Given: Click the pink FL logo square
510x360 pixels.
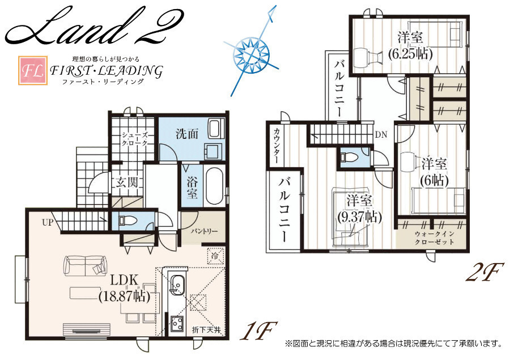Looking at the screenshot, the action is [32, 71].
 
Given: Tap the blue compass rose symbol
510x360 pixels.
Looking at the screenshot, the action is [251, 52].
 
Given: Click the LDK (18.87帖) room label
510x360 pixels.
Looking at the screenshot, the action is [124, 288].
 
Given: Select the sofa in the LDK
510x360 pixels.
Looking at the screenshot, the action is [86, 265].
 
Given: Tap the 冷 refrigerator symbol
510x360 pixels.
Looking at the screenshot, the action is [215, 256].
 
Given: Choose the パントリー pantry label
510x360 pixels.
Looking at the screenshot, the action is [204, 231].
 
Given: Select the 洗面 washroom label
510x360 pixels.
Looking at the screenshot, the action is [187, 133].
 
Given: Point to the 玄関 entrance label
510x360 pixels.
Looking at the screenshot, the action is [126, 183].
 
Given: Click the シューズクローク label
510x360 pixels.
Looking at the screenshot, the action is [134, 139].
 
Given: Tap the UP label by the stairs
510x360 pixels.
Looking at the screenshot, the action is [48, 223].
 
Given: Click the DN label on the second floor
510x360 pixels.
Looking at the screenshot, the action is [381, 134].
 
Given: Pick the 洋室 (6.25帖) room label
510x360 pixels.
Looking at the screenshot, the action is [410, 45].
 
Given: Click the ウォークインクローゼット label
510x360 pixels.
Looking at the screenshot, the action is [434, 238].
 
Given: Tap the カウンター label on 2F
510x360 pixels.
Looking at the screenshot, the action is [277, 146].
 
